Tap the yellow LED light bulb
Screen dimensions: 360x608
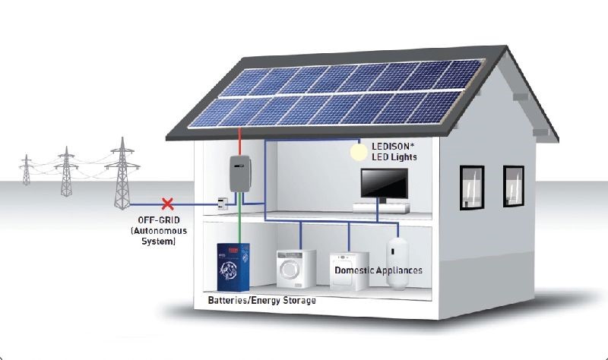358,152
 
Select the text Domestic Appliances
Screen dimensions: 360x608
378,270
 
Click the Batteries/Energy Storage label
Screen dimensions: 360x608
261,301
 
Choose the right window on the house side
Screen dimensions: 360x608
513,186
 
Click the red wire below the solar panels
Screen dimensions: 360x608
240,140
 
